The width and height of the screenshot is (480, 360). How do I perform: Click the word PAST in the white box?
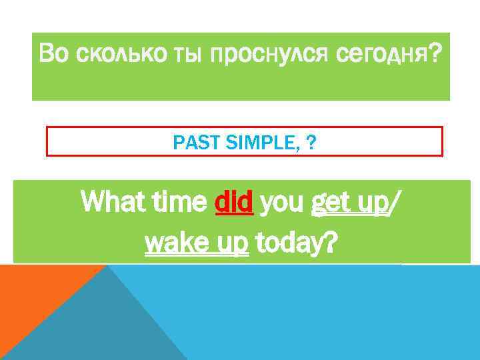point(190,141)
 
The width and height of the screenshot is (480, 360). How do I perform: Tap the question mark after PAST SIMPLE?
point(311,141)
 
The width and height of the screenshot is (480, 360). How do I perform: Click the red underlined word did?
point(234,200)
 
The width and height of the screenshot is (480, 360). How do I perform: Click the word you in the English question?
point(281,200)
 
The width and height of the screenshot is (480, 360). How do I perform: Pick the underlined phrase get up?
point(349,201)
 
